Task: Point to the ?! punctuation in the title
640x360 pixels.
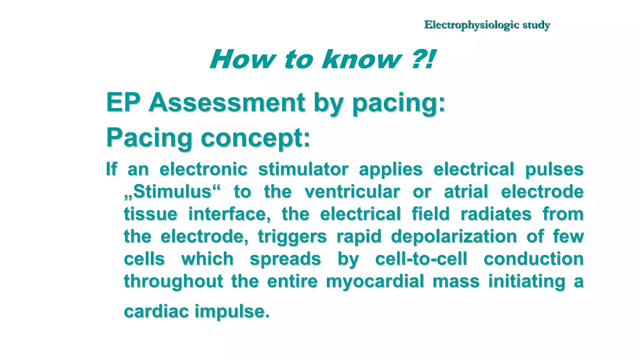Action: [x=423, y=59]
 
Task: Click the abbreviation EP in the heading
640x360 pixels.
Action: [x=122, y=102]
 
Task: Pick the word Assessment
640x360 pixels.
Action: [x=227, y=102]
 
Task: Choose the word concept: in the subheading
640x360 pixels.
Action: [x=255, y=138]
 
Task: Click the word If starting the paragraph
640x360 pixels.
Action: [x=112, y=169]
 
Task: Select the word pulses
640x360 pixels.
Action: [x=554, y=169]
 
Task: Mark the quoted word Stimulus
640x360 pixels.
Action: [x=172, y=192]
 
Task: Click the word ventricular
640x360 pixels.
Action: [x=352, y=192]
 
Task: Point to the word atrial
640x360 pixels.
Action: [x=466, y=192]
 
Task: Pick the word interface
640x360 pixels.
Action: [x=229, y=214]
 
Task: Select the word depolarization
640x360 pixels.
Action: [x=454, y=236]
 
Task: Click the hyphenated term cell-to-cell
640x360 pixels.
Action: [x=421, y=259]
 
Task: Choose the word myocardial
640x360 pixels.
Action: [x=375, y=281]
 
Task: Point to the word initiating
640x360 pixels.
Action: [x=527, y=281]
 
